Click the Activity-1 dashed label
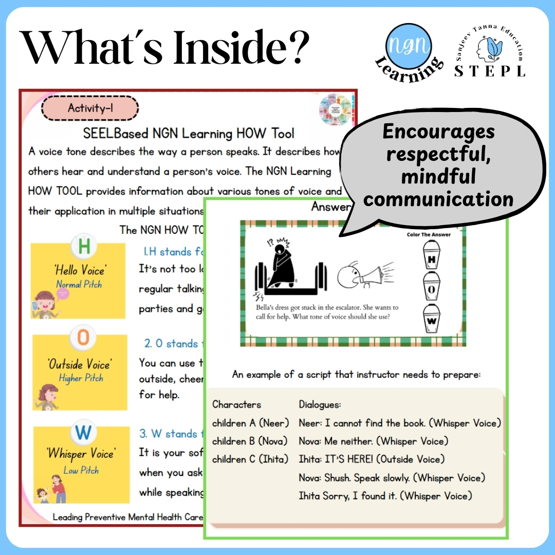(90, 108)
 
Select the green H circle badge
(84, 247)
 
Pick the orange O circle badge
(83, 338)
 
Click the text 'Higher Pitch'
(81, 378)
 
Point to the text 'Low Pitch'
(81, 470)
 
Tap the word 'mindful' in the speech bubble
(438, 177)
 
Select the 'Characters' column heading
(236, 404)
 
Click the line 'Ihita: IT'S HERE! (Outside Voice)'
(372, 459)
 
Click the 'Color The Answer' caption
(428, 234)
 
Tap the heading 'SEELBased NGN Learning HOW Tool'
(189, 134)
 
